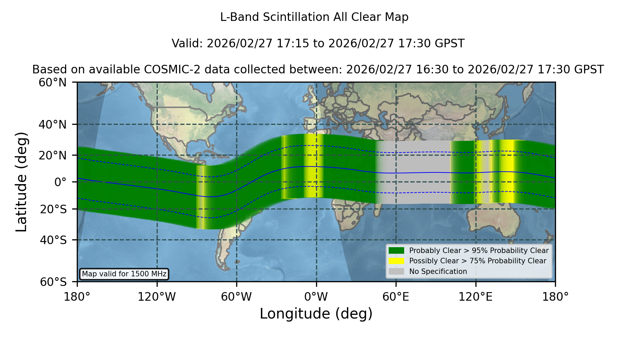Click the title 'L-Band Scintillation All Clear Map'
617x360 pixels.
pos(314,17)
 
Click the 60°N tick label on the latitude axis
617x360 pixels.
pos(52,82)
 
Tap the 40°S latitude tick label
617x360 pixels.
pos(53,240)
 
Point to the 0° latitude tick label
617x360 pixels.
pos(60,182)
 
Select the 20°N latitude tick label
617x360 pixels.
pos(52,155)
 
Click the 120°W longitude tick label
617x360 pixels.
pos(157,297)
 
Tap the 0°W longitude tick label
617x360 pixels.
pos(316,297)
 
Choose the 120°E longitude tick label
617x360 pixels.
pos(475,297)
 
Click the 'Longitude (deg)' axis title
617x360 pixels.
pos(316,314)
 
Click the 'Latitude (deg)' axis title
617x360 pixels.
pos(21,182)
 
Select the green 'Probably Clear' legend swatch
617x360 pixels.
pos(396,251)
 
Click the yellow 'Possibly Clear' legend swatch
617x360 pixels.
pos(396,261)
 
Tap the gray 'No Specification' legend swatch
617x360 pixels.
pos(396,272)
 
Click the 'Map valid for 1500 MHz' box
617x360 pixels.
pos(124,274)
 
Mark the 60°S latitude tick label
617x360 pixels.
pos(53,282)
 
